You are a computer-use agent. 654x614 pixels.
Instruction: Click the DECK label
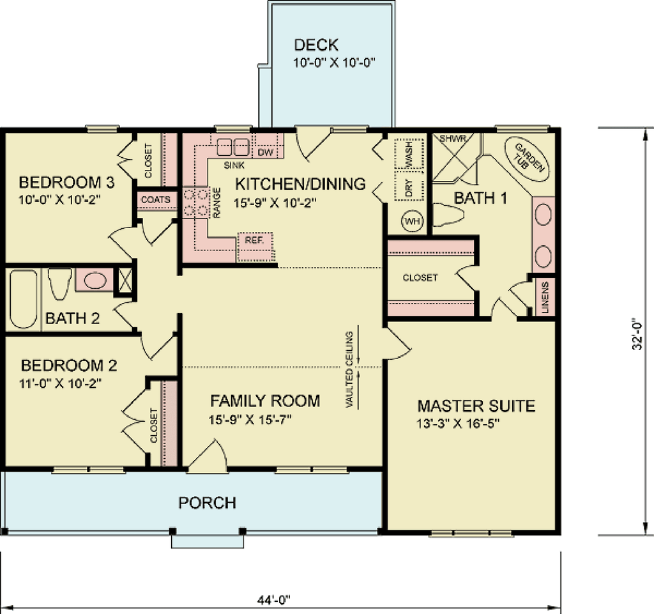tap(316, 46)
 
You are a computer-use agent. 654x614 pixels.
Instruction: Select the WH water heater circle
tap(412, 221)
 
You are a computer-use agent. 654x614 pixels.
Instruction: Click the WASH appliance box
tap(408, 154)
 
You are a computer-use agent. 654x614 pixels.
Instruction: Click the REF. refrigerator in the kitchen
tap(255, 241)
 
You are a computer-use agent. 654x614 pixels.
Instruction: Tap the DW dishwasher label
tap(265, 152)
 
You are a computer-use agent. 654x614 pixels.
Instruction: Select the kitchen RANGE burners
tap(196, 201)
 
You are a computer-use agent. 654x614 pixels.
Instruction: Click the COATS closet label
tap(156, 200)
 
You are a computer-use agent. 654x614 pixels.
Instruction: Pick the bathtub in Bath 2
tap(24, 297)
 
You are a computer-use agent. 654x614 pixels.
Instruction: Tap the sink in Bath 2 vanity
tap(95, 280)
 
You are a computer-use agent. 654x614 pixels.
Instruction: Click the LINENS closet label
tap(545, 297)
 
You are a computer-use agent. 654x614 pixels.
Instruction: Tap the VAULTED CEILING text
tap(349, 369)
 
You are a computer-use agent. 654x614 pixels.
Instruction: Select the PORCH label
tap(207, 503)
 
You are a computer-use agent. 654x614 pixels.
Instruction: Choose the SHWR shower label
tap(451, 138)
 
